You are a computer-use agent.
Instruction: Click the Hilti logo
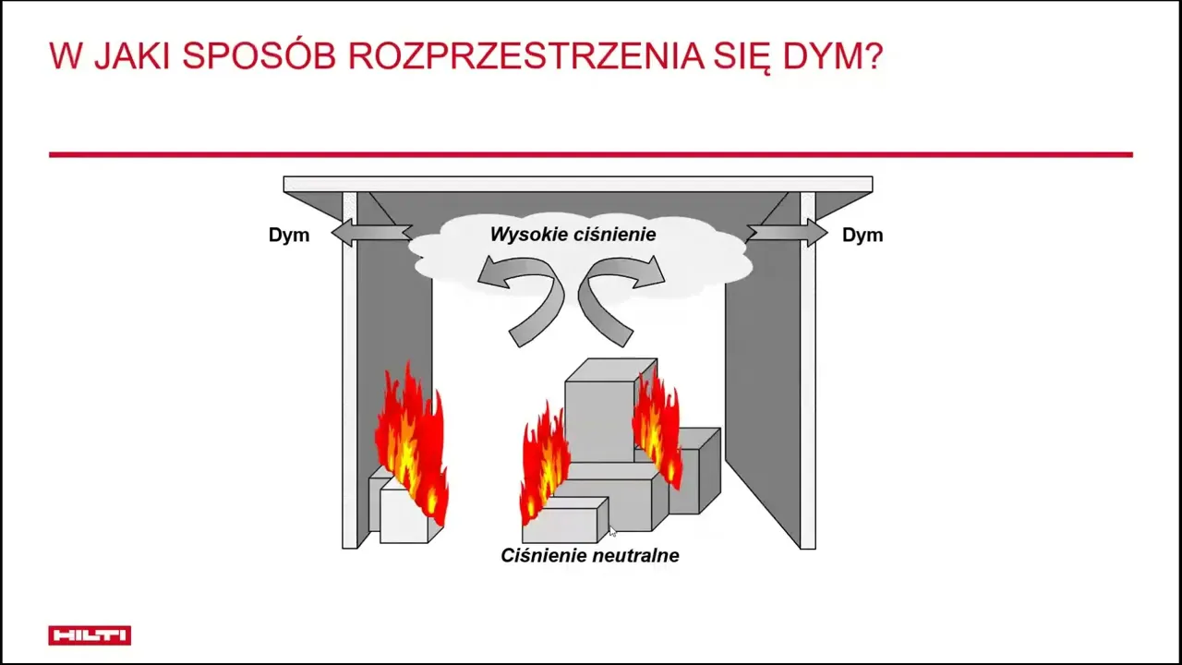(90, 635)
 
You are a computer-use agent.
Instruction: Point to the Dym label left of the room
(289, 235)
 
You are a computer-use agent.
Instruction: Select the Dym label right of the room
(862, 235)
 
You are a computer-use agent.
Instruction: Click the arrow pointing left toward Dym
(372, 233)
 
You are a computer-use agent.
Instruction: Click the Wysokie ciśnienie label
(573, 235)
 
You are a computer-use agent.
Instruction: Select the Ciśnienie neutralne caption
(590, 555)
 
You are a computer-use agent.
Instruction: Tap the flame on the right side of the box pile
(657, 428)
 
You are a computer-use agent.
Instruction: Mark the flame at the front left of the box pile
(544, 465)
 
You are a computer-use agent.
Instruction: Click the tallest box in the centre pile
(601, 417)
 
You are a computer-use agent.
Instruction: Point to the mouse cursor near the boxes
(611, 530)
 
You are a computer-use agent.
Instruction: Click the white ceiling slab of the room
(578, 184)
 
